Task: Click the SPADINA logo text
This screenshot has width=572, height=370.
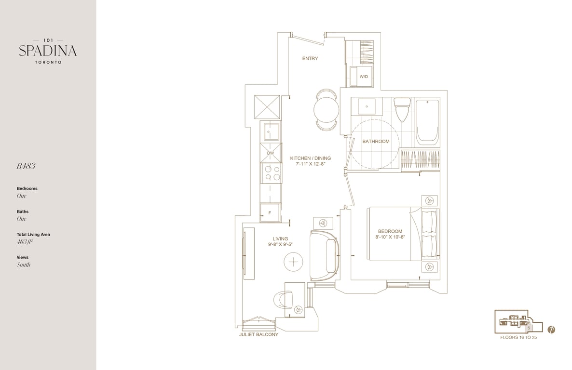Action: tap(48, 51)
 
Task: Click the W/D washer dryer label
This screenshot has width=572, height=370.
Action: tap(364, 77)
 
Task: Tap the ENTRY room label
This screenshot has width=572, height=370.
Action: tap(310, 58)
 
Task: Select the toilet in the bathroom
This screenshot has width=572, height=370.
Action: tap(402, 109)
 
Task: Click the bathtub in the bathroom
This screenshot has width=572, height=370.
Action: tap(427, 120)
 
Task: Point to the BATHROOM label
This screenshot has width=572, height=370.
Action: tap(376, 142)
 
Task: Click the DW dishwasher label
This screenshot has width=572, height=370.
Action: tap(270, 153)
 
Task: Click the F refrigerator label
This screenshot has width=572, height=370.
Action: tap(270, 213)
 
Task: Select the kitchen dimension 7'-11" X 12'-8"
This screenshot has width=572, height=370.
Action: tap(311, 164)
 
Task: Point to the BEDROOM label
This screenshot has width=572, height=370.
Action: tap(390, 231)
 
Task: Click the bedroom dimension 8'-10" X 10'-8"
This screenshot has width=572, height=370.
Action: tap(390, 237)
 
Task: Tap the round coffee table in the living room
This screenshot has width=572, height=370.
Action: tap(294, 262)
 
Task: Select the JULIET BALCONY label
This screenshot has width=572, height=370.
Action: tap(259, 334)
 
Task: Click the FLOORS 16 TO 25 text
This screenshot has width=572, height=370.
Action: tap(518, 338)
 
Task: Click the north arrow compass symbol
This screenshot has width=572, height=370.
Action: tap(551, 330)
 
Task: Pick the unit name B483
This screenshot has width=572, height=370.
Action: tap(26, 166)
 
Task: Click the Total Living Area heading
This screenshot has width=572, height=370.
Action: tap(33, 235)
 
